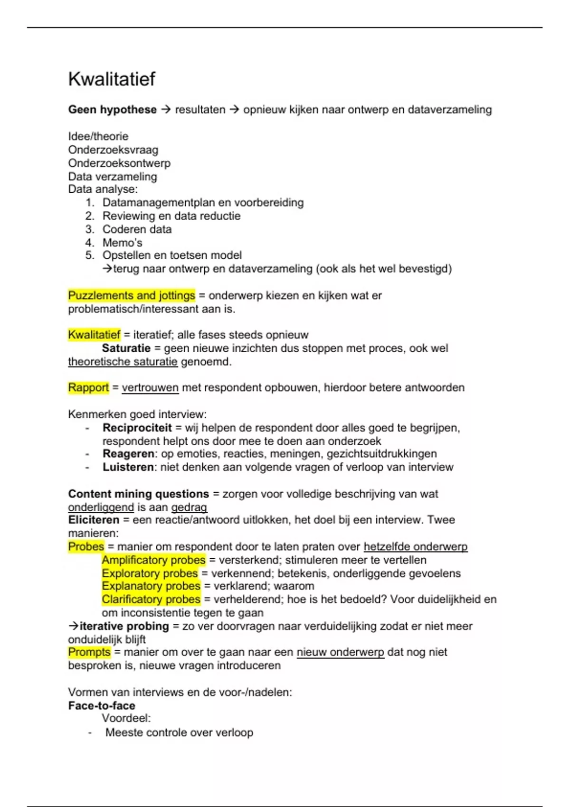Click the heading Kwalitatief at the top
coord(112,79)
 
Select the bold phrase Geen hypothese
coord(112,110)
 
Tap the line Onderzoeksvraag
coord(113,150)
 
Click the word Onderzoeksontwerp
coord(119,163)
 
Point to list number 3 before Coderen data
coord(90,229)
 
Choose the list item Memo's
coord(122,243)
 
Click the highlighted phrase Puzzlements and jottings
coord(132,295)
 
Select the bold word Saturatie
coord(126,348)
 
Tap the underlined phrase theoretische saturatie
coord(123,362)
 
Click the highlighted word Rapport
coord(88,387)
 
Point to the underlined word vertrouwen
coord(150,387)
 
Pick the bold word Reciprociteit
coord(137,428)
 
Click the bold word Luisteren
coord(128,467)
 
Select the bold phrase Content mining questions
coord(138,494)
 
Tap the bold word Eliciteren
coord(94,520)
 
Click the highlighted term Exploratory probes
coord(150,573)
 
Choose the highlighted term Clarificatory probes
coord(151,600)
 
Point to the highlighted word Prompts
coord(89,652)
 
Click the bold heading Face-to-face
coord(102,705)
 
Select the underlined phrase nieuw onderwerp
coord(340,652)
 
